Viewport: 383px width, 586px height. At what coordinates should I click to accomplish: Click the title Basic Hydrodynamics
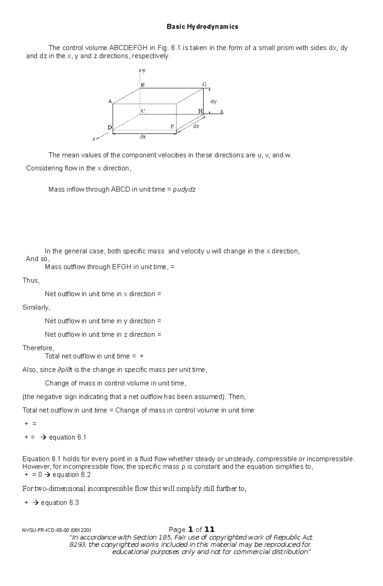pyautogui.click(x=202, y=27)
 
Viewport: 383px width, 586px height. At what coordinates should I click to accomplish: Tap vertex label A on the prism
pyautogui.click(x=110, y=101)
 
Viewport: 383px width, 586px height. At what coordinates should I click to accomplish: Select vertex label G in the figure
pyautogui.click(x=204, y=85)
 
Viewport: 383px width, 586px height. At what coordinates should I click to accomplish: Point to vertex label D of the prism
pyautogui.click(x=109, y=127)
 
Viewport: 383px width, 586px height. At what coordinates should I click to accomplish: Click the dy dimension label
pyautogui.click(x=214, y=102)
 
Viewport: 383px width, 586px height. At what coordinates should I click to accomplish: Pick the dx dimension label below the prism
pyautogui.click(x=143, y=137)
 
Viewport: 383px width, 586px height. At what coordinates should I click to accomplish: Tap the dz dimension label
pyautogui.click(x=196, y=126)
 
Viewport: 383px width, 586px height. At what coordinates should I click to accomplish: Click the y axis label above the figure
pyautogui.click(x=144, y=71)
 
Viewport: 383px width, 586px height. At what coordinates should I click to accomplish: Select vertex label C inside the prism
pyautogui.click(x=143, y=111)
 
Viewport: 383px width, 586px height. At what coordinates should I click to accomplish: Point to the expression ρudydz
pyautogui.click(x=184, y=189)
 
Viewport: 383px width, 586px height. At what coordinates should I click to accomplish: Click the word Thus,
pyautogui.click(x=31, y=280)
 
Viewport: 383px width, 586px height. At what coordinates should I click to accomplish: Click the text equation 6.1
pyautogui.click(x=67, y=437)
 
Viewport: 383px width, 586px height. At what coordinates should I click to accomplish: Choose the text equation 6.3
pyautogui.click(x=60, y=503)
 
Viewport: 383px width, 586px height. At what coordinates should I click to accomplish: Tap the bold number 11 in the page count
pyautogui.click(x=209, y=529)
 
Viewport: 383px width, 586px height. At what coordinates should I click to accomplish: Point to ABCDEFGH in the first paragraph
pyautogui.click(x=128, y=48)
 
